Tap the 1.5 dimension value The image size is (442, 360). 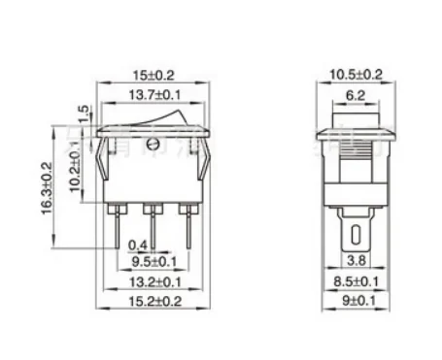coord(84,114)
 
